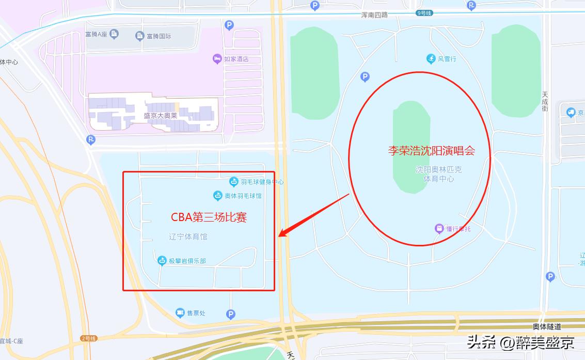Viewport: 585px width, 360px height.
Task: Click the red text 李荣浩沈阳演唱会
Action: tap(431, 151)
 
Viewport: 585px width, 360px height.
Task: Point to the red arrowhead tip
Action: tap(279, 237)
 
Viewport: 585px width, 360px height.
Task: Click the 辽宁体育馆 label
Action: tap(188, 237)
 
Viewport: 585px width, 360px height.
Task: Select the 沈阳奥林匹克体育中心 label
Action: tap(438, 174)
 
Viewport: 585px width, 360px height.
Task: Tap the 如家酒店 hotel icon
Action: tap(217, 59)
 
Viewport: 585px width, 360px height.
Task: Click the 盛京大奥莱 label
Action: tap(161, 116)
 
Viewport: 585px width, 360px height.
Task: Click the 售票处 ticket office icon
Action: tap(180, 312)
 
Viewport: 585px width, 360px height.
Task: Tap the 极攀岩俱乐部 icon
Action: tap(162, 261)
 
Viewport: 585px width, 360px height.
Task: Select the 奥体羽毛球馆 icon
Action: tap(218, 196)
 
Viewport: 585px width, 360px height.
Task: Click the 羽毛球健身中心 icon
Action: tap(234, 181)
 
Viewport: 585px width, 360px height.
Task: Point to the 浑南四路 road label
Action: tap(375, 15)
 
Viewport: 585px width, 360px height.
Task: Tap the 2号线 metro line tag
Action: tap(88, 338)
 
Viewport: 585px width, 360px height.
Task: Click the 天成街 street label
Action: tap(545, 102)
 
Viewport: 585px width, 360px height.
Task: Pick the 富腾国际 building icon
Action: tap(139, 36)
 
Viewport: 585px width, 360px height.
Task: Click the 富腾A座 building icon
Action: tap(114, 34)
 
